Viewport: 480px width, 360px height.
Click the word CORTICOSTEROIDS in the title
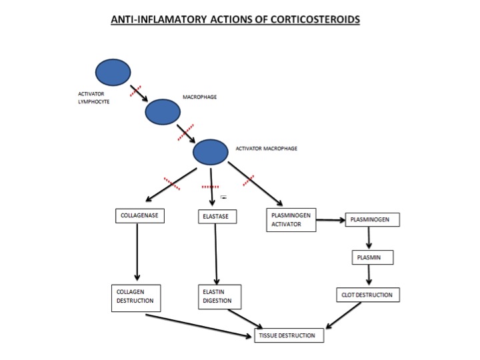point(315,19)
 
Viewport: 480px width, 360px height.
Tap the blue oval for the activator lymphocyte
point(113,72)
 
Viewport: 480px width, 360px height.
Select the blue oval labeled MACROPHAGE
point(163,112)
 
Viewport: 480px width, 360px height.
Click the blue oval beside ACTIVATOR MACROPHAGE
point(210,152)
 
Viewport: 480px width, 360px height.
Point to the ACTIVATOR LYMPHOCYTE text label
point(94,97)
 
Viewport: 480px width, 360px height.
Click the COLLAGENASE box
point(140,216)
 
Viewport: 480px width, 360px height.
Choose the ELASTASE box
point(217,217)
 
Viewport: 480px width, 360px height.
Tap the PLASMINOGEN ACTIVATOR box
point(291,220)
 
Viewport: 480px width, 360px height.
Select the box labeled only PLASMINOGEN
point(372,220)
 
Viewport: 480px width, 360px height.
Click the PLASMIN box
point(373,257)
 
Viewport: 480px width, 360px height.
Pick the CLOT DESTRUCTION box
point(368,295)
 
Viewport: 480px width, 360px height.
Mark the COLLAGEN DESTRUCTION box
point(136,298)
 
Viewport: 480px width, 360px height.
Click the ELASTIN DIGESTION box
point(220,297)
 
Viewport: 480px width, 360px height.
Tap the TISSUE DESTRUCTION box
point(289,335)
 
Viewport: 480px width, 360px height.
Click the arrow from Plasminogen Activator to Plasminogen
point(331,220)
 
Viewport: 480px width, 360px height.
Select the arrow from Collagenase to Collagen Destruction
point(137,252)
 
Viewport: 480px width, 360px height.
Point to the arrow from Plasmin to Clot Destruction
point(369,275)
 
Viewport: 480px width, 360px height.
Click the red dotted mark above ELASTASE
point(210,187)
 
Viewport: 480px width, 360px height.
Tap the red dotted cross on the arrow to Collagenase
point(172,183)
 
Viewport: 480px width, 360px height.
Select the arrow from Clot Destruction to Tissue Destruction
point(343,315)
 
